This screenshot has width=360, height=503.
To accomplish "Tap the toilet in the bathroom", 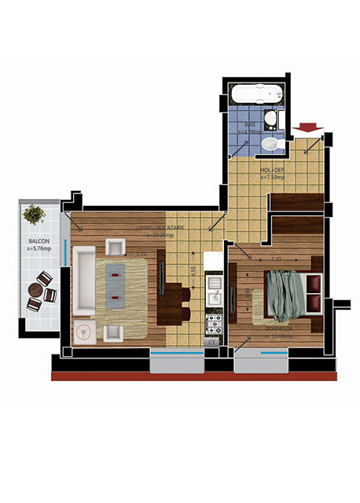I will coord(270,144).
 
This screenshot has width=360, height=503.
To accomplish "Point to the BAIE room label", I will coord(250,125).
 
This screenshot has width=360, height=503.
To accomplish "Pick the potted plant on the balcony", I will coord(34,214).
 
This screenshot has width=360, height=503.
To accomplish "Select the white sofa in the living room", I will coord(83,281).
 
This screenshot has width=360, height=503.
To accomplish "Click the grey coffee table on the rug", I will coord(116,282).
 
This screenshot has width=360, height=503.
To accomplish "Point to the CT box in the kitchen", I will coord(212,342).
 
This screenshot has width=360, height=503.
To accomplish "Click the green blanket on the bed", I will coord(285,294).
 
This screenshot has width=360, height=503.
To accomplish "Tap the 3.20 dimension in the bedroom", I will coord(275,259).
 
